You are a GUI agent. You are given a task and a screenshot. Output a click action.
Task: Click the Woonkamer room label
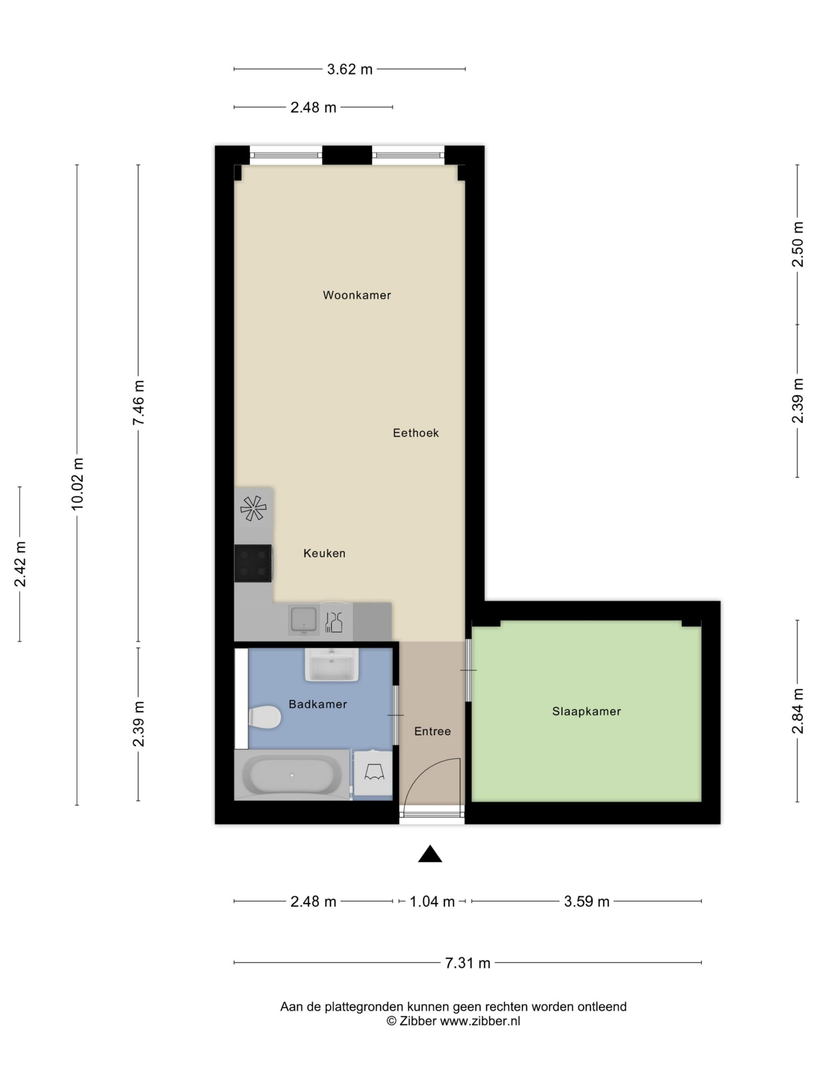click(357, 295)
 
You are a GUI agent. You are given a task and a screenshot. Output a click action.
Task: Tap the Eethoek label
click(416, 433)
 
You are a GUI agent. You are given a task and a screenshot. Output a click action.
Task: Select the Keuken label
click(324, 553)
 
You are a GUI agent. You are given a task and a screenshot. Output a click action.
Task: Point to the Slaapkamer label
click(586, 711)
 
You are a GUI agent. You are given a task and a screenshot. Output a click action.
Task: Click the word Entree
click(432, 731)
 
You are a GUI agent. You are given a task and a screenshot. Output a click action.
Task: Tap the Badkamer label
click(317, 704)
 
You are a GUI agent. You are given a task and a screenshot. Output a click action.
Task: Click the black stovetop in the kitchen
click(253, 563)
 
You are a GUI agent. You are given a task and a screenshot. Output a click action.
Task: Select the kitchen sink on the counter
click(303, 620)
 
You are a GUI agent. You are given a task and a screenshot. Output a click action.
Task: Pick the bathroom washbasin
click(331, 664)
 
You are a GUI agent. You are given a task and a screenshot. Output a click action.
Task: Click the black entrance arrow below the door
click(430, 854)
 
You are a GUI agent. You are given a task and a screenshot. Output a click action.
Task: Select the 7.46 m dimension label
click(138, 402)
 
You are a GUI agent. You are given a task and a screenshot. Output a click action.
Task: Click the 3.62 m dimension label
click(350, 69)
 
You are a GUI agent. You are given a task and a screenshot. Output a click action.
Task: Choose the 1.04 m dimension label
click(432, 901)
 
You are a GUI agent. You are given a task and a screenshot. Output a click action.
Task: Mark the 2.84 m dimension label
click(797, 711)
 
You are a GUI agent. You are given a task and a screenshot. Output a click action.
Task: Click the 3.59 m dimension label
click(586, 901)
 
